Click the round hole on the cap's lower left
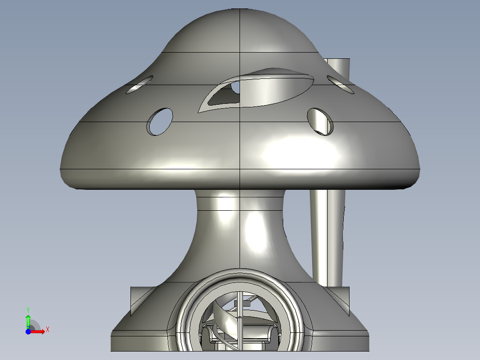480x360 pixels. pyautogui.click(x=160, y=121)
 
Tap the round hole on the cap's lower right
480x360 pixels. pyautogui.click(x=321, y=121)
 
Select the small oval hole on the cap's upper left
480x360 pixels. pyautogui.click(x=139, y=85)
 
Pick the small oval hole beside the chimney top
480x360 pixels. pyautogui.click(x=340, y=84)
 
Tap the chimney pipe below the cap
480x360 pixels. pyautogui.click(x=329, y=236)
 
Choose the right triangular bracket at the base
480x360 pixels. pyautogui.click(x=343, y=298)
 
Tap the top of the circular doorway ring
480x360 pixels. pyautogui.click(x=240, y=272)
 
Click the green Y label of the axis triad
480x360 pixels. pyautogui.click(x=28, y=309)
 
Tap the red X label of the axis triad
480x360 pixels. pyautogui.click(x=47, y=329)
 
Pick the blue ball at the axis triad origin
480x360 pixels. pyautogui.click(x=28, y=331)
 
